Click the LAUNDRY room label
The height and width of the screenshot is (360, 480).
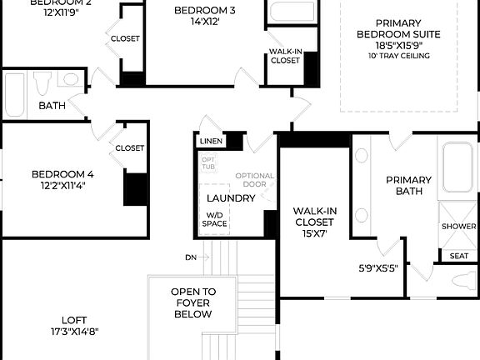(x=231, y=198)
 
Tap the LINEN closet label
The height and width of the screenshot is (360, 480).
(x=210, y=142)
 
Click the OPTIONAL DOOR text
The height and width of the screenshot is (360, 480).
(x=255, y=180)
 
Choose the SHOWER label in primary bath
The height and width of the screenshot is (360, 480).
(x=458, y=227)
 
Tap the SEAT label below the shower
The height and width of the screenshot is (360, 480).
(x=458, y=256)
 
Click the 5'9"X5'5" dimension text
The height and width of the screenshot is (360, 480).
(x=379, y=268)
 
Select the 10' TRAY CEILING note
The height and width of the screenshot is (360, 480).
(x=398, y=56)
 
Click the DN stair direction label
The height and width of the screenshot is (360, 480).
(x=191, y=257)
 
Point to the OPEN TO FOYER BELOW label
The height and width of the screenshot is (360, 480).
(x=193, y=303)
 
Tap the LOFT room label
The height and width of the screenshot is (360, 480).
(x=73, y=320)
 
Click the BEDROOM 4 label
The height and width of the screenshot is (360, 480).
(x=62, y=174)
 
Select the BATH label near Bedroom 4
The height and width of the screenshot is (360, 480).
(x=52, y=106)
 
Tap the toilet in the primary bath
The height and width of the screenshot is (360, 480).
(x=463, y=281)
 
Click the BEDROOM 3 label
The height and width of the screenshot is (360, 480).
(x=205, y=11)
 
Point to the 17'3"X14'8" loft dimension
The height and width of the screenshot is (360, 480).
(x=73, y=332)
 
